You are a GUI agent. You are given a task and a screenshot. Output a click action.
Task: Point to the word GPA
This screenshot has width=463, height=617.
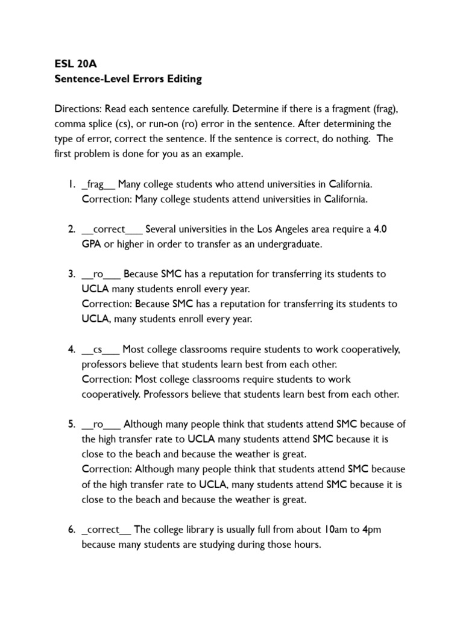pyautogui.click(x=93, y=244)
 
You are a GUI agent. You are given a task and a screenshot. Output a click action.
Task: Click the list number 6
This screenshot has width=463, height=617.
pyautogui.click(x=71, y=530)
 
